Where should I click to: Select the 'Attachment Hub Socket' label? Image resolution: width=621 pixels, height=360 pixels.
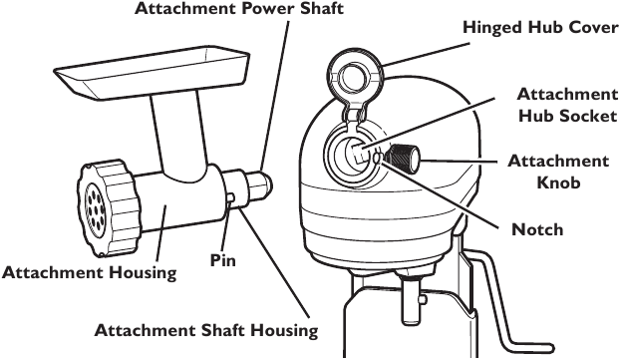(x=566, y=104)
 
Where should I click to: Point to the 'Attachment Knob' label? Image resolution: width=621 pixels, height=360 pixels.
(x=558, y=172)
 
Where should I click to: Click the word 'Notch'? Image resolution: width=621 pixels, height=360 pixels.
(x=537, y=230)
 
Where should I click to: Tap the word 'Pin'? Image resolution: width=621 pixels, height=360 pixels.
(x=221, y=260)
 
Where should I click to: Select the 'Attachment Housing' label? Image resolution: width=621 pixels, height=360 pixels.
(x=90, y=272)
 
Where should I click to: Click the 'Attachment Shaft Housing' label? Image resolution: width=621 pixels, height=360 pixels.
(x=205, y=330)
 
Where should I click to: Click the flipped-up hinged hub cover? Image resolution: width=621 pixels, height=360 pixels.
(x=354, y=74)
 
